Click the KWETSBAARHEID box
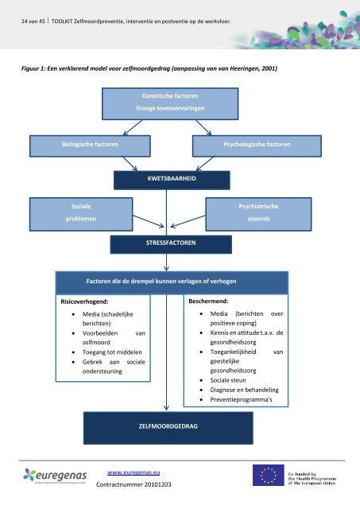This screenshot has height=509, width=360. click(172, 181)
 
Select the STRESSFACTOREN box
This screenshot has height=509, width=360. click(171, 244)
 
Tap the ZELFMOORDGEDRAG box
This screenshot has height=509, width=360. click(168, 428)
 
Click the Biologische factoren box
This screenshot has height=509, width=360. click(90, 146)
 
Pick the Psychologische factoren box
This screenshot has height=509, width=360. click(257, 146)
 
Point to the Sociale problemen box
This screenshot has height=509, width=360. click(81, 214)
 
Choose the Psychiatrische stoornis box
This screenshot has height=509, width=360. click(258, 214)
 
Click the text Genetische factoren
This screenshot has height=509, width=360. click(170, 95)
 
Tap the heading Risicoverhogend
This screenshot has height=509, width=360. click(85, 301)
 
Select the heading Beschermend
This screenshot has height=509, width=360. click(208, 301)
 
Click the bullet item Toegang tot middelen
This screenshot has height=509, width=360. click(112, 352)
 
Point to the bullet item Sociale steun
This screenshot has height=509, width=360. click(228, 380)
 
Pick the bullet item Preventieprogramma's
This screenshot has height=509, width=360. click(241, 399)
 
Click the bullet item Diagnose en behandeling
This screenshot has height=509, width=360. click(244, 390)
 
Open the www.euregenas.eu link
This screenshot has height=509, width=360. click(134, 472)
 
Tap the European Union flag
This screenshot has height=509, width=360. click(269, 475)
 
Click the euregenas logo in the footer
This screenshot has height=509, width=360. click(55, 476)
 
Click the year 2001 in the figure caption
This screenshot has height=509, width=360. click(269, 68)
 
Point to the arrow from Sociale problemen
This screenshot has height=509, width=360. click(149, 221)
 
